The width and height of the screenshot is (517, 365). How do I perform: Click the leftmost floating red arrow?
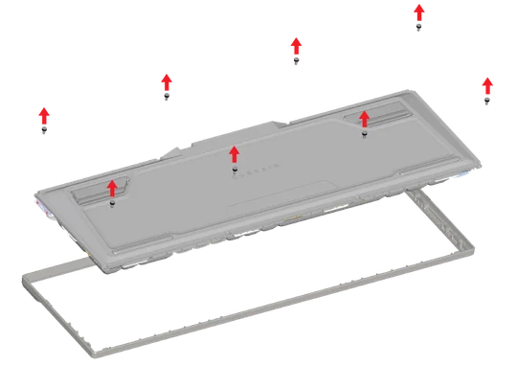click(43, 114)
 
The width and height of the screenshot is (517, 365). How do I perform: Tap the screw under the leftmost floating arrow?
click(44, 130)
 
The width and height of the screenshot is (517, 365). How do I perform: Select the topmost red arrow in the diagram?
click(418, 11)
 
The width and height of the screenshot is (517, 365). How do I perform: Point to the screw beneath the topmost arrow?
click(418, 29)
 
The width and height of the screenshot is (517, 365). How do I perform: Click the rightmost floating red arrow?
click(486, 82)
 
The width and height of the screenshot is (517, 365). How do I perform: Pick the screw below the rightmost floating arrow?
click(487, 99)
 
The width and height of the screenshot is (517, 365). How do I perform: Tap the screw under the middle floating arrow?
click(297, 61)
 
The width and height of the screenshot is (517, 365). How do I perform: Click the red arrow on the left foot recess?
click(113, 187)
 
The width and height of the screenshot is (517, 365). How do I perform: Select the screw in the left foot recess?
click(113, 203)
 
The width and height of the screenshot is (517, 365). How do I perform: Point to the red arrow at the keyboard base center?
click(234, 154)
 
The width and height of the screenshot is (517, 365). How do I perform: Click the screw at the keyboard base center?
click(235, 171)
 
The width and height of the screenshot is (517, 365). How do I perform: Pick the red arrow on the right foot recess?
click(364, 118)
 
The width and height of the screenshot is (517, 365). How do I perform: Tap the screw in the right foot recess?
click(364, 134)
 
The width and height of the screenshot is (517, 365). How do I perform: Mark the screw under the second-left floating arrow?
click(168, 97)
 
